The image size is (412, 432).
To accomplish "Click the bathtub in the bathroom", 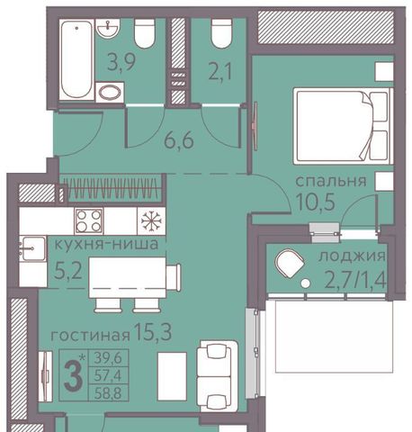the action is tap(76, 59).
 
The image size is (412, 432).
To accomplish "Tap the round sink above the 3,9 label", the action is tap(108, 28).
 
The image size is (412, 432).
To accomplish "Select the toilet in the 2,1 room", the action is tap(221, 33).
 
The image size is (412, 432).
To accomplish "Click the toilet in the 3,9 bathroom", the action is tap(145, 33).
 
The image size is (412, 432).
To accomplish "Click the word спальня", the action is tap(331, 181).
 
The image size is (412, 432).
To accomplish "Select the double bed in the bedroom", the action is tap(343, 126).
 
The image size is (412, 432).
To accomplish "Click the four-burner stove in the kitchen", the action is tap(88, 221).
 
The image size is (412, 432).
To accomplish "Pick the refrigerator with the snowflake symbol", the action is tap(151, 221).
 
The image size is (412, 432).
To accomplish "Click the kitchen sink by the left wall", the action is tap(33, 249).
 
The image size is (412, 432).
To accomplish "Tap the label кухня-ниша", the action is tap(106, 244).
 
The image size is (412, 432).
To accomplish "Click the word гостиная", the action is tap(90, 336).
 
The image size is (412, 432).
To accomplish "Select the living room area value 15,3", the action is tap(153, 332).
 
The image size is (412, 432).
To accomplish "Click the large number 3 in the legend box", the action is tap(73, 375).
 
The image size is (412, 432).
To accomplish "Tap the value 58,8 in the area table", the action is tap(108, 393).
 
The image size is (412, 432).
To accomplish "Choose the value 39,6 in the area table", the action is tap(108, 357).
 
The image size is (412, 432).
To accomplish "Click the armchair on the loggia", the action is tap(289, 264).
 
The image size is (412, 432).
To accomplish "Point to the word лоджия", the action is tap(352, 256).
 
